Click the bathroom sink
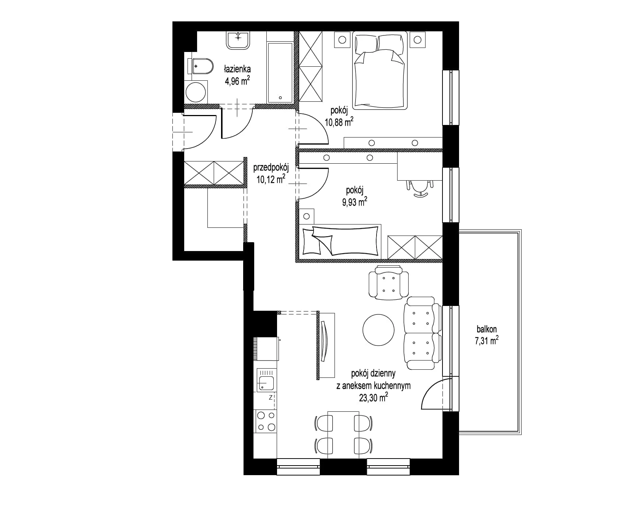pyautogui.click(x=238, y=40)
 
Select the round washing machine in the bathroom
pyautogui.click(x=196, y=92)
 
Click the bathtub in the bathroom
pyautogui.click(x=280, y=73)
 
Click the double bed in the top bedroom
pyautogui.click(x=380, y=70)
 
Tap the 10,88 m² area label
pyautogui.click(x=339, y=121)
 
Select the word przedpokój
pyautogui.click(x=271, y=168)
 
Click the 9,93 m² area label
pyautogui.click(x=354, y=202)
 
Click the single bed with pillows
pyautogui.click(x=340, y=240)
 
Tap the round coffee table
pyautogui.click(x=378, y=330)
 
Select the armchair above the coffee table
pyautogui.click(x=389, y=283)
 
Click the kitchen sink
pyautogui.click(x=266, y=383)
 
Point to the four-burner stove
pyautogui.click(x=266, y=421)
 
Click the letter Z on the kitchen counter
pyautogui.click(x=270, y=397)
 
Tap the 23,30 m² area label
pyautogui.click(x=373, y=397)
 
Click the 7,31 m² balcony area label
pyautogui.click(x=487, y=340)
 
